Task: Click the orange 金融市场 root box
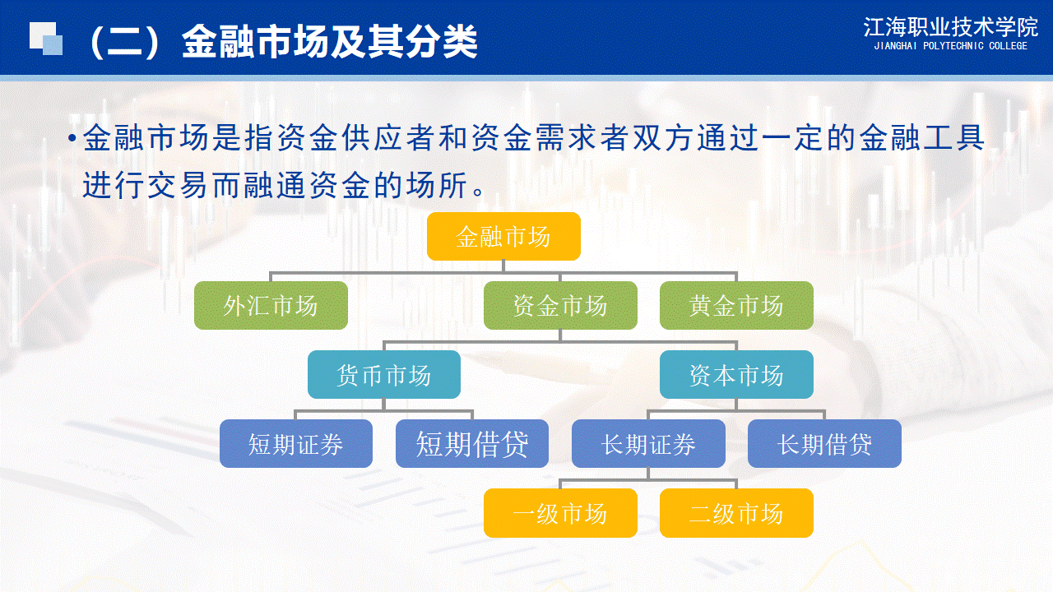503,236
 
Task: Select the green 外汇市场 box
271,305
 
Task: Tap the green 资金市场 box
560,305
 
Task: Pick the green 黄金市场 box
736,305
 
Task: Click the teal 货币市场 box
384,374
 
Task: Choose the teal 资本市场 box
736,374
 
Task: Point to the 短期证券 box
296,443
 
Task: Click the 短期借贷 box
472,443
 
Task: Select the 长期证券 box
648,443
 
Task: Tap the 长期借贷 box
824,443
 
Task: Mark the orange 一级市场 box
560,513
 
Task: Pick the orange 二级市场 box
736,513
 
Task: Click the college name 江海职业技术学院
950,27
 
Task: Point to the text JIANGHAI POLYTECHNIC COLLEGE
950,46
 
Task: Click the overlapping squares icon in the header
46,39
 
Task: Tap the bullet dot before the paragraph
72,137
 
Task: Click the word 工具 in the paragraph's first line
953,137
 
